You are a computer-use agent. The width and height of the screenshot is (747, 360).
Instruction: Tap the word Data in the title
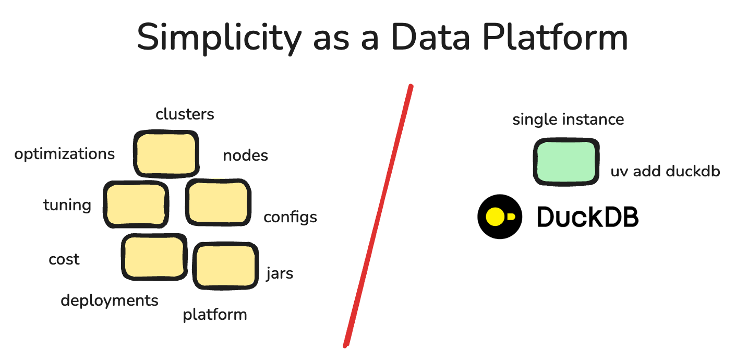click(427, 38)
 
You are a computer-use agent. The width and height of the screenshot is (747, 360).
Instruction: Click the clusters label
click(185, 114)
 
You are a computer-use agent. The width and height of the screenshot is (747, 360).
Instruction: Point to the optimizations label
click(65, 154)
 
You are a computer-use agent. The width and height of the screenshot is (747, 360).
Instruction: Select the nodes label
click(245, 155)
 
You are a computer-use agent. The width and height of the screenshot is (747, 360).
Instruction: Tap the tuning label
click(67, 205)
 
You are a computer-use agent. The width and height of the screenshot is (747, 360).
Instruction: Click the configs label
click(290, 217)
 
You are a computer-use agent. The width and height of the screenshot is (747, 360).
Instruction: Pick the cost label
click(64, 259)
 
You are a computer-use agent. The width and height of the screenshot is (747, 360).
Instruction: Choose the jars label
click(280, 273)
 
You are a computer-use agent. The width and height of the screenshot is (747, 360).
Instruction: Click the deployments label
click(110, 301)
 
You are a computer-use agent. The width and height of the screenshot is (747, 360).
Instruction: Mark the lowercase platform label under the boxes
click(214, 315)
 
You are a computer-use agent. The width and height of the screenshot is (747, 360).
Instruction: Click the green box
click(566, 161)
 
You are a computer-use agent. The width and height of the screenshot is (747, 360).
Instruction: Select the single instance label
click(568, 119)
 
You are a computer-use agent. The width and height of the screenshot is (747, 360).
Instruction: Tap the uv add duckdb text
click(665, 171)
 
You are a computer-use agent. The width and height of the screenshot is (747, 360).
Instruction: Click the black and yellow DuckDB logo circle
click(500, 217)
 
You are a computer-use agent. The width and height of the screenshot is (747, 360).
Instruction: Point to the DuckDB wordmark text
click(588, 217)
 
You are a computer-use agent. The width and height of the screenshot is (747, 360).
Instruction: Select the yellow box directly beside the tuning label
click(136, 204)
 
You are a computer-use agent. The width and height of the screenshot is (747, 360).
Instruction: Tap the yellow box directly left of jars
click(226, 266)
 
